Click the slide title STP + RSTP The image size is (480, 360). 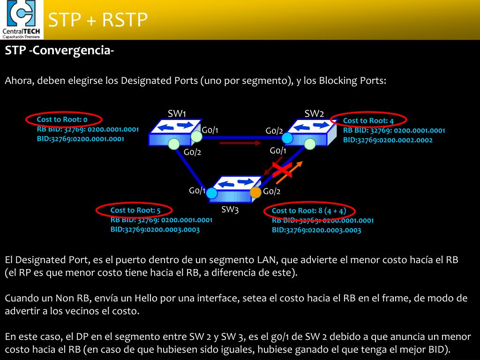(x=98, y=20)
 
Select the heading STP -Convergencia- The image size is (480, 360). (x=60, y=51)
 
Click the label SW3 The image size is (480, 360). (x=230, y=210)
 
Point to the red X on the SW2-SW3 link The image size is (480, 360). (x=283, y=170)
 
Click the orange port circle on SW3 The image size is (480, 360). (x=255, y=192)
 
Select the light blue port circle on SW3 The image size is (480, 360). (x=212, y=193)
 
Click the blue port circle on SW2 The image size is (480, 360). (x=287, y=138)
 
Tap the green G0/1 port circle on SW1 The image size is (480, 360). (x=196, y=136)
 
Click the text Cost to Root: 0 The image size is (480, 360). (x=62, y=120)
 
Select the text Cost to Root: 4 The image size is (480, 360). (x=368, y=121)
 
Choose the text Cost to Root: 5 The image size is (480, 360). (x=135, y=210)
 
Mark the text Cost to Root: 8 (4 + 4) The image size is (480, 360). (x=309, y=210)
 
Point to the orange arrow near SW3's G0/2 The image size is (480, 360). (x=289, y=172)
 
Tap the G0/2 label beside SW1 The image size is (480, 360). (x=192, y=152)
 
